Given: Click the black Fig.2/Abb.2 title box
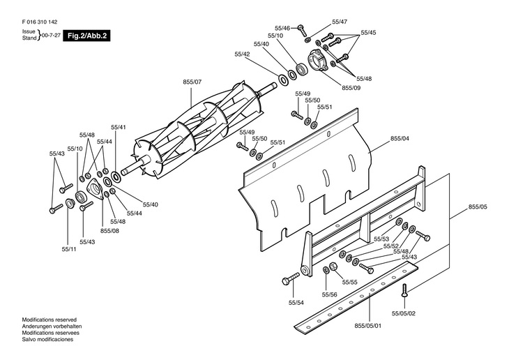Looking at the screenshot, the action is coord(86,36).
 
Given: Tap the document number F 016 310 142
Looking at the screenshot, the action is coord(40,22).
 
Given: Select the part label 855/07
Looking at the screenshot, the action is coord(192,82).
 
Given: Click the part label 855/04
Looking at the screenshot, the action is coord(400,138).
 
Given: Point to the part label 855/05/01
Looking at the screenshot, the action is coord(367,326).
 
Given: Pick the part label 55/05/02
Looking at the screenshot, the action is coord(404,313).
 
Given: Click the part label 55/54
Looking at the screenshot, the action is coord(296,303).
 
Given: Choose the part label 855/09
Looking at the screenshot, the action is coord(351,88).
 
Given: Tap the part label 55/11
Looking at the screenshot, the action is coord(69,249).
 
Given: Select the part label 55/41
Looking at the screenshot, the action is coord(118,128).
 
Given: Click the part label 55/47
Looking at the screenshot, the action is coord(340,22).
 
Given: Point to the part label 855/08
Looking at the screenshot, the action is coord(109,231).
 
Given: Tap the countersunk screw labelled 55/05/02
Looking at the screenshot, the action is coord(404,290).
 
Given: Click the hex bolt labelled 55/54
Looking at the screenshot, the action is coord(291,278).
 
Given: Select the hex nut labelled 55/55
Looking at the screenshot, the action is coord(333,266).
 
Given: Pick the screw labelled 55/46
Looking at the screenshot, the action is coord(302,30).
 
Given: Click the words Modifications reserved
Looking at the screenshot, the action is coord(50,320).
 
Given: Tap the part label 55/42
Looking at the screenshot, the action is coord(242,54).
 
